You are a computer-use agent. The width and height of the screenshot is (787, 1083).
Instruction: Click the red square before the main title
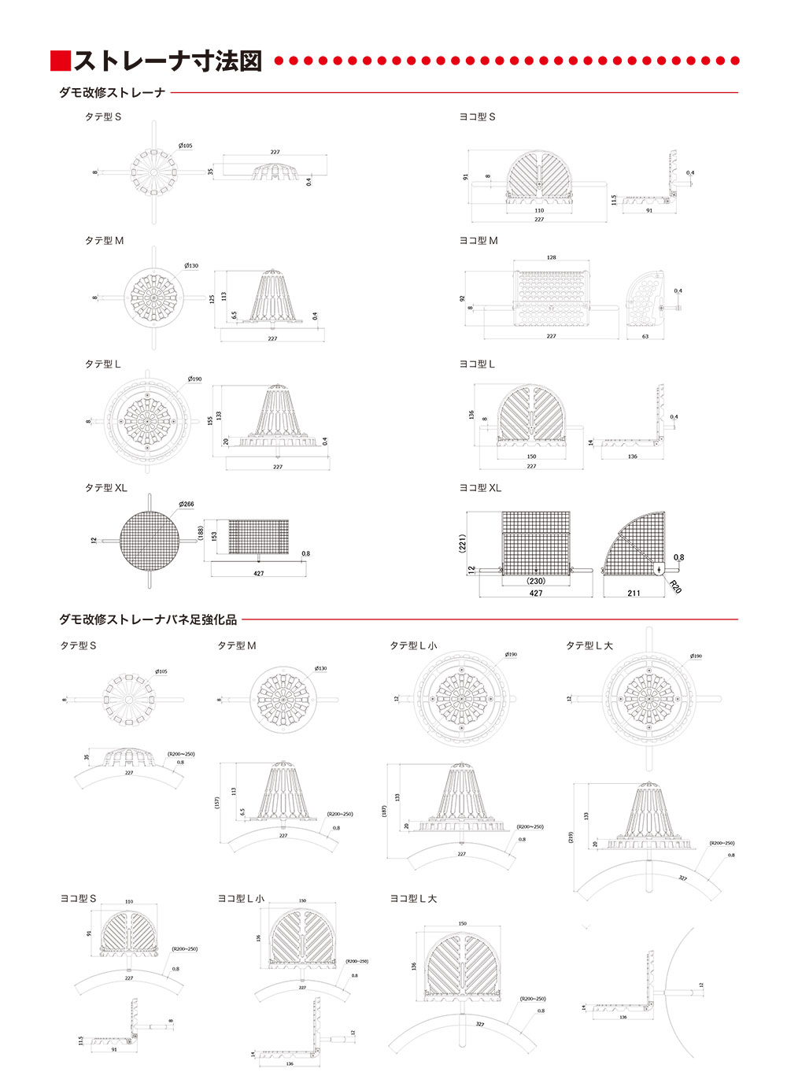[x=61, y=61]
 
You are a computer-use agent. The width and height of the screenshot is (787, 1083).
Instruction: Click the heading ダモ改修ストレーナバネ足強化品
[x=148, y=619]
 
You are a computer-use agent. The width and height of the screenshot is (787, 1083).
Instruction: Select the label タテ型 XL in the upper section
[x=105, y=488]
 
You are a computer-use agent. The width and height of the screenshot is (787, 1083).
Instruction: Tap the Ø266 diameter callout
[x=187, y=504]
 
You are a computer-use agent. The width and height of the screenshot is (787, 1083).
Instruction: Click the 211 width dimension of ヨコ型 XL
[x=634, y=593]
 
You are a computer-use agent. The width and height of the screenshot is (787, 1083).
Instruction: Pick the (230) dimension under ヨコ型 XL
[x=536, y=582]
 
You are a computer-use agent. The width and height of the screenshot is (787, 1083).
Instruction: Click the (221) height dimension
[x=463, y=543]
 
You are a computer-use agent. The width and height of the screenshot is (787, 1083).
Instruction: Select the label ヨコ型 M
[x=478, y=241]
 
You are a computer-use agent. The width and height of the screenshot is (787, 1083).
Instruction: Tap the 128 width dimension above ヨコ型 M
[x=551, y=257]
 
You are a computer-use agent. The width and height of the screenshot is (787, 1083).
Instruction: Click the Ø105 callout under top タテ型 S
[x=185, y=146]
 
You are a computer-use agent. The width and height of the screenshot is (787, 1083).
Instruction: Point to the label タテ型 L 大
[x=589, y=645]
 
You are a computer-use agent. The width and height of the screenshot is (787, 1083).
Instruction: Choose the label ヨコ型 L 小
[x=241, y=898]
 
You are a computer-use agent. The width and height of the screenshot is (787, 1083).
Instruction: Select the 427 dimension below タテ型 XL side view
[x=258, y=574]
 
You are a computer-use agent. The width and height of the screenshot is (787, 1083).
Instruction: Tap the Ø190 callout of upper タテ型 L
[x=194, y=379]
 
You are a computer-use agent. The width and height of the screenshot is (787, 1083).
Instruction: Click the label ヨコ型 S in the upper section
[x=477, y=116]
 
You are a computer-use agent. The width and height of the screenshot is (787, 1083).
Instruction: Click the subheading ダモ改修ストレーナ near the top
[x=112, y=93]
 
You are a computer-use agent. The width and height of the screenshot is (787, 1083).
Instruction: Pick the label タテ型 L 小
[x=413, y=645]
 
